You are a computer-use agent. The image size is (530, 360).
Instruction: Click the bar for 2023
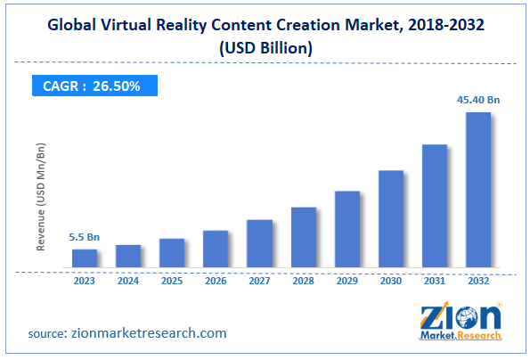(85, 258)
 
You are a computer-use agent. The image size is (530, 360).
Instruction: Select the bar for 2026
(216, 249)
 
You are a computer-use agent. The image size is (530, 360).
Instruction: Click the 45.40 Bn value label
(478, 101)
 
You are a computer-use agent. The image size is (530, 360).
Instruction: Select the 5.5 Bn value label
(85, 238)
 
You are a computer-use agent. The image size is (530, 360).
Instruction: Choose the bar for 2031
(435, 206)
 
